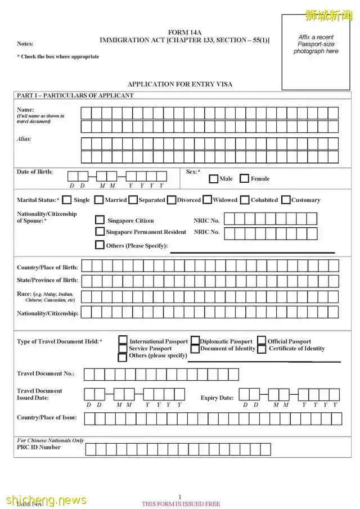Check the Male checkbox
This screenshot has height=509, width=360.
(x=214, y=179)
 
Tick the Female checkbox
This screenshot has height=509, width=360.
(x=244, y=179)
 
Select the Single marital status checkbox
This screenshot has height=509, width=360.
(x=67, y=200)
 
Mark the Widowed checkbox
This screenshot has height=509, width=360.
(x=207, y=200)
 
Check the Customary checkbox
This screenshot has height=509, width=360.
(x=286, y=200)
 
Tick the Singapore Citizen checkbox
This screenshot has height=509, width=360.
(x=100, y=220)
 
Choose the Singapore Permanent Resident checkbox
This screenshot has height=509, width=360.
(x=100, y=231)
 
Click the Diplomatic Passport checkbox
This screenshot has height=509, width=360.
(x=195, y=341)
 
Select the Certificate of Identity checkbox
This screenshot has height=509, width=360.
(x=262, y=349)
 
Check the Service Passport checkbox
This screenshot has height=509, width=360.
(x=123, y=349)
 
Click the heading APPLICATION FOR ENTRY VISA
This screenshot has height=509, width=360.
(x=180, y=84)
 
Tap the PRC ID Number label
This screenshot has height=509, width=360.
(x=38, y=447)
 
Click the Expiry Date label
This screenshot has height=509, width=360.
(x=217, y=398)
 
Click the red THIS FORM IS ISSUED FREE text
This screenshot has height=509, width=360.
(x=181, y=504)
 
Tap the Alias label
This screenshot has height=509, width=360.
(x=24, y=139)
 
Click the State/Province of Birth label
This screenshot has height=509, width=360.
(x=47, y=280)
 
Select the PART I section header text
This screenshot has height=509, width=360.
(x=75, y=96)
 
